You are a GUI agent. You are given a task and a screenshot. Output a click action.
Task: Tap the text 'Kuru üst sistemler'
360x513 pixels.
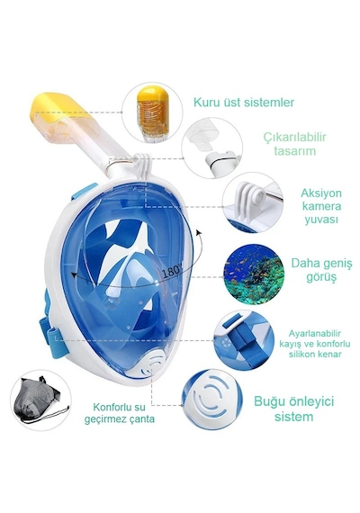pyautogui.click(x=244, y=103)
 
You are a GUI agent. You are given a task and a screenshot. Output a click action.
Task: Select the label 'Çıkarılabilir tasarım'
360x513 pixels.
pyautogui.click(x=295, y=144)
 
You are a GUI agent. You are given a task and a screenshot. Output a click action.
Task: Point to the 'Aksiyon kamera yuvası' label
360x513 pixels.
pyautogui.click(x=317, y=206)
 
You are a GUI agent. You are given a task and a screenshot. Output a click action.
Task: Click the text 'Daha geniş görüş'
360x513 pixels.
pyautogui.click(x=321, y=270)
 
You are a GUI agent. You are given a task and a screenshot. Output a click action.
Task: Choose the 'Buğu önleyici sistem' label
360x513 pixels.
pyautogui.click(x=293, y=409)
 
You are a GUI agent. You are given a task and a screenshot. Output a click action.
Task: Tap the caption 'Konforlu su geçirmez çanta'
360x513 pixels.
pyautogui.click(x=119, y=413)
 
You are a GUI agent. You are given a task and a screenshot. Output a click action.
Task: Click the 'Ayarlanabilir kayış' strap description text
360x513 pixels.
pyautogui.click(x=314, y=344)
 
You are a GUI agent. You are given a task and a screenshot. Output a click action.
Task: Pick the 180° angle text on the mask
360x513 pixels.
pyautogui.click(x=172, y=270)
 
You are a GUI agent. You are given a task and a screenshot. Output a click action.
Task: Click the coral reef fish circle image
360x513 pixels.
pyautogui.click(x=254, y=274)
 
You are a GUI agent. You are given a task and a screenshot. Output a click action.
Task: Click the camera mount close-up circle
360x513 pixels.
pyautogui.click(x=252, y=202)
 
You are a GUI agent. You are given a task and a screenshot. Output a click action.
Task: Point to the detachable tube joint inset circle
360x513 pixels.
pyautogui.click(x=212, y=148)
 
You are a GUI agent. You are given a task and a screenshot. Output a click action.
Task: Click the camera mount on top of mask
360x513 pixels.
pyautogui.click(x=143, y=166)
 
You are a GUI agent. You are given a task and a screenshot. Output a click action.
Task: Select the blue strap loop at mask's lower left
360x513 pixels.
pyautogui.click(x=51, y=334)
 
